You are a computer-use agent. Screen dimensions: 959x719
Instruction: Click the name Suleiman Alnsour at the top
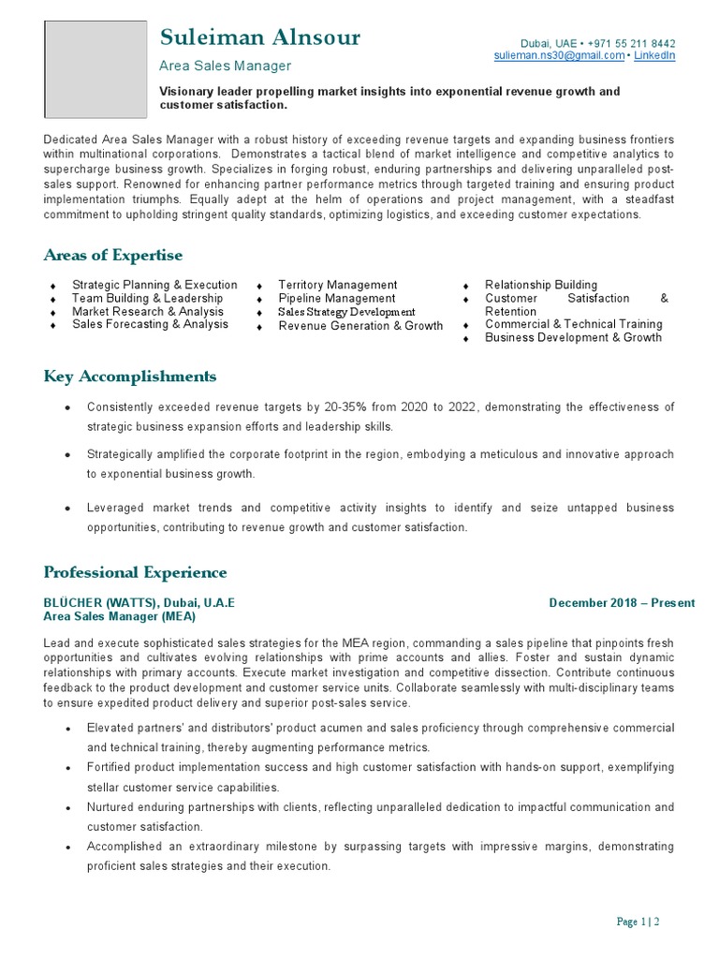(259, 38)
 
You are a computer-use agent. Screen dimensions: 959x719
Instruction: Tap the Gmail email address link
(559, 56)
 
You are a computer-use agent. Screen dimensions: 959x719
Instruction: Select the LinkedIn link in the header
(654, 56)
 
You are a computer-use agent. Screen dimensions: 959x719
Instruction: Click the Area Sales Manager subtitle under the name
(226, 66)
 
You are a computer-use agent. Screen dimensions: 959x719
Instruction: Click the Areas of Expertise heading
(113, 256)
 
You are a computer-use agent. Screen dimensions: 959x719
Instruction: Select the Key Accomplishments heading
(130, 376)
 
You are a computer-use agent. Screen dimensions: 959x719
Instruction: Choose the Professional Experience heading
(135, 572)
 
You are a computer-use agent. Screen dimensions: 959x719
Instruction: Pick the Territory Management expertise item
(338, 285)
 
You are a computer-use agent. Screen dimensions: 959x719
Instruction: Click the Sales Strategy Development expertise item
(346, 312)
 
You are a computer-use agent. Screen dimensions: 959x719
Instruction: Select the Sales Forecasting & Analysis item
(150, 324)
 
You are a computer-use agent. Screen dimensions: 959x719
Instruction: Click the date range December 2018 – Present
(622, 603)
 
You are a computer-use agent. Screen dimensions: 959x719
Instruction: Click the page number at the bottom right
(638, 922)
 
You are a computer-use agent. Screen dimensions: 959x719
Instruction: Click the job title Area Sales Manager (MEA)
(120, 617)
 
